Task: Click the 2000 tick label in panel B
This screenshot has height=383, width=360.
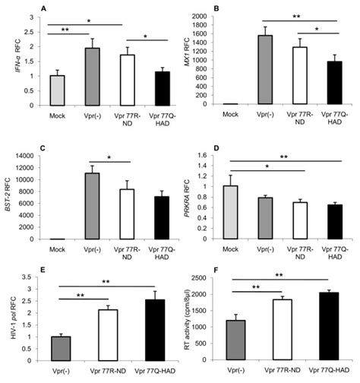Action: click(x=203, y=16)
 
